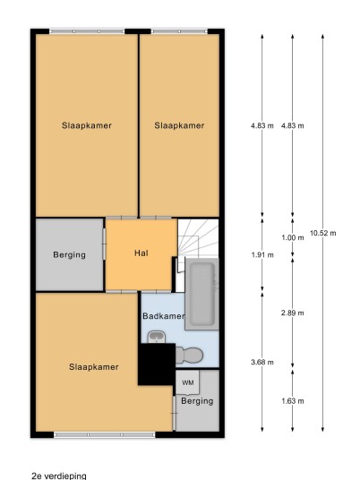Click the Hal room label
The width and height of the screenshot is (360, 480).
141,253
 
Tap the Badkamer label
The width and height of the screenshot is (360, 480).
164,316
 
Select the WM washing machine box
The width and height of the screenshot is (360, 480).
187,382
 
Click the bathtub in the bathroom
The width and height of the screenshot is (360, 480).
201,294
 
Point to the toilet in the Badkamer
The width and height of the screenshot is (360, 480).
189,356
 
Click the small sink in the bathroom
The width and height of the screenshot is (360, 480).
157,337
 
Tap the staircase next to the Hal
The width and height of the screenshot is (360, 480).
198,237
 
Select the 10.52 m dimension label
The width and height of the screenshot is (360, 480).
323,233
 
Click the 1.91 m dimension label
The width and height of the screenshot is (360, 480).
262,254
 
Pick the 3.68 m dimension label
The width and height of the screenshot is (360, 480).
262,362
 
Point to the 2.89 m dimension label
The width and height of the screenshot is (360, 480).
293,313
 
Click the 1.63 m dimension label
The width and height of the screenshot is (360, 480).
293,401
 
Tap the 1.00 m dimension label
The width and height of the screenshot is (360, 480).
293,237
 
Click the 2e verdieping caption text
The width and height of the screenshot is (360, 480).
59,476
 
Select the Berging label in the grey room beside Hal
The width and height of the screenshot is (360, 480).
70,254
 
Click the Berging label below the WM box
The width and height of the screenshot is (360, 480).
197,401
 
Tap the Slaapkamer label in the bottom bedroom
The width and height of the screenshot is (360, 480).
94,367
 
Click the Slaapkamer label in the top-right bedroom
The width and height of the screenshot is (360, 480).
179,125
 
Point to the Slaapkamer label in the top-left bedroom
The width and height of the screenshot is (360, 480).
87,125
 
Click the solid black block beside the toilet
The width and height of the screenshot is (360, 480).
157,364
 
